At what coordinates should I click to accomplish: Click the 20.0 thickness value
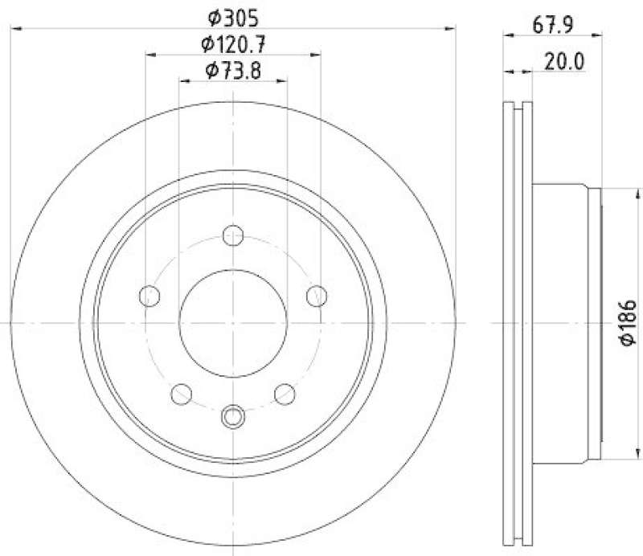[562, 59]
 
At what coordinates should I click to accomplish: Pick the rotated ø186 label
[628, 323]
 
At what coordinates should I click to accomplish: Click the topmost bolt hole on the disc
[233, 235]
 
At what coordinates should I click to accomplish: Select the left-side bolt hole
[150, 296]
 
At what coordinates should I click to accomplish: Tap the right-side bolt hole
[317, 296]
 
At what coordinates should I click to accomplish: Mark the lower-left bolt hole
[182, 394]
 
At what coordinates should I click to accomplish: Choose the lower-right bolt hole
[285, 394]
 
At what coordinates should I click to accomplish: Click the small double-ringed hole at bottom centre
[233, 415]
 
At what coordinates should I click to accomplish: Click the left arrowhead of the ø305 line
[15, 28]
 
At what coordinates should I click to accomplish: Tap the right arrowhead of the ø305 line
[452, 28]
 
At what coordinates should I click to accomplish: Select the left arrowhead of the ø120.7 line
[150, 55]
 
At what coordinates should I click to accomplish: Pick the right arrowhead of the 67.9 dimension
[598, 35]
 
